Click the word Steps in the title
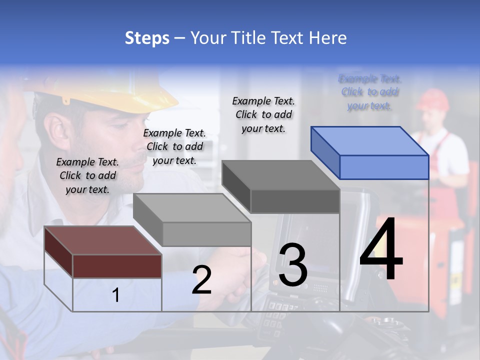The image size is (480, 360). [x=147, y=38]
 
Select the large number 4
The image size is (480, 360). [x=381, y=250]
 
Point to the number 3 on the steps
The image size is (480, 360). [x=293, y=265]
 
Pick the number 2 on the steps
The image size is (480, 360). [x=201, y=280]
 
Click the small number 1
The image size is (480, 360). [x=116, y=295]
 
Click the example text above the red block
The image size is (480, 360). [x=87, y=175]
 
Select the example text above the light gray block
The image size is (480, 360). [x=174, y=146]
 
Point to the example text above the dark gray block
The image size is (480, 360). [x=263, y=114]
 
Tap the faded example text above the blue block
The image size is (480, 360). [x=370, y=92]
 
